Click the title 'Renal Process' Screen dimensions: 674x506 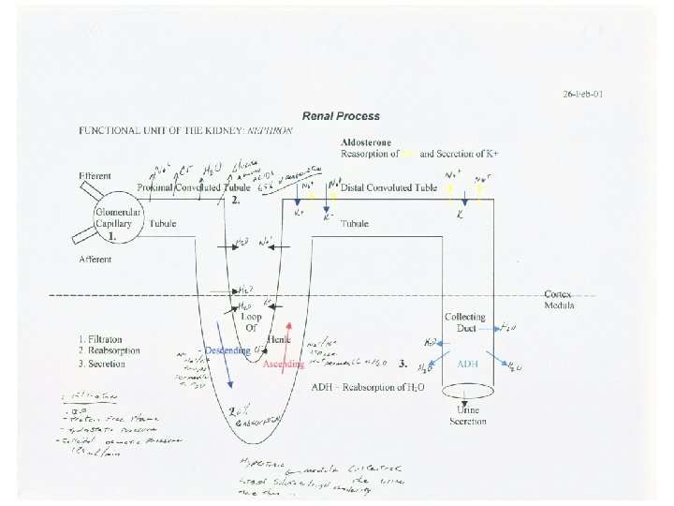(341, 116)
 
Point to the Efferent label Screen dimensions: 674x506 (95, 176)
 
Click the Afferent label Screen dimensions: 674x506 (95, 259)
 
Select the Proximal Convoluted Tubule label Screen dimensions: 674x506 (193, 187)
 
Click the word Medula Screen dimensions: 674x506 (561, 305)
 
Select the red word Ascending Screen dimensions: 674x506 (284, 365)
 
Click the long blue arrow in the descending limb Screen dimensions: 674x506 (226, 354)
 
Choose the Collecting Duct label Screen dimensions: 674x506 (465, 323)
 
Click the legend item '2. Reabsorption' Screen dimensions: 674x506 (110, 350)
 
